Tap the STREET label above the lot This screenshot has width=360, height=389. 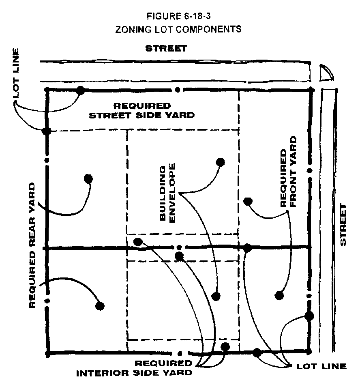[166, 49]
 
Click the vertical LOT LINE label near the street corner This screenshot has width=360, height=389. [16, 73]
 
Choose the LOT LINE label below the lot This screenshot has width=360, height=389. [321, 366]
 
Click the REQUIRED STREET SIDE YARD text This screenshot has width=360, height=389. [141, 110]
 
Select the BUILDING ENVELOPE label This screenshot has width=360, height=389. [167, 193]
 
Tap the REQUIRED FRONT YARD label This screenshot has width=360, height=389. [288, 172]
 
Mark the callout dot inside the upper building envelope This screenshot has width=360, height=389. [220, 162]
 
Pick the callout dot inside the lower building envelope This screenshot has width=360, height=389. [216, 296]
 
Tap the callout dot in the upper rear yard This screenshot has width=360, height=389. [88, 178]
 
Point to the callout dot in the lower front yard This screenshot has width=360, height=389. [279, 296]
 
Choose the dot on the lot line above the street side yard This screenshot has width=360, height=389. [81, 90]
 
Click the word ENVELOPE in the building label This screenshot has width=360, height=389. [171, 193]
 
